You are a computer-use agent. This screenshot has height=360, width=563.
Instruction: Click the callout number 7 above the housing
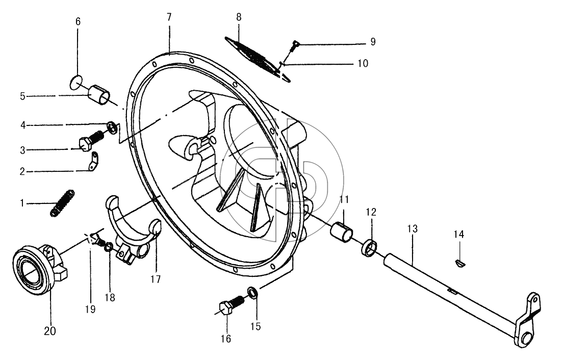(x=169, y=17)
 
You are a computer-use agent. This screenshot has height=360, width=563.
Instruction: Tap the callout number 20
(x=50, y=331)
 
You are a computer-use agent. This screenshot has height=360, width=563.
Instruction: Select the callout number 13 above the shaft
(x=413, y=228)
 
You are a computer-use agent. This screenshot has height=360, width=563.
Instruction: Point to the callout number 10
(x=363, y=64)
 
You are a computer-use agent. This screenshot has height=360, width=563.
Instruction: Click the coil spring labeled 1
(x=62, y=203)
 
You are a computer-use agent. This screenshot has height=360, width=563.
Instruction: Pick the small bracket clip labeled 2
(x=93, y=162)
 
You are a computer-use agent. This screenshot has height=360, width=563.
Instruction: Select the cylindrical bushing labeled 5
(x=99, y=95)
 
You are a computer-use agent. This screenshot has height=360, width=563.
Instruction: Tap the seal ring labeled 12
(x=369, y=249)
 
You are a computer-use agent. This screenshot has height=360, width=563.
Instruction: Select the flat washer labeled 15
(x=253, y=293)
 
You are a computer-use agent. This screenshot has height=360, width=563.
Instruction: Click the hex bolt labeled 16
(x=231, y=305)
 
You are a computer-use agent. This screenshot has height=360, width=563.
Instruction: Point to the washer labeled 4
(x=112, y=127)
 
